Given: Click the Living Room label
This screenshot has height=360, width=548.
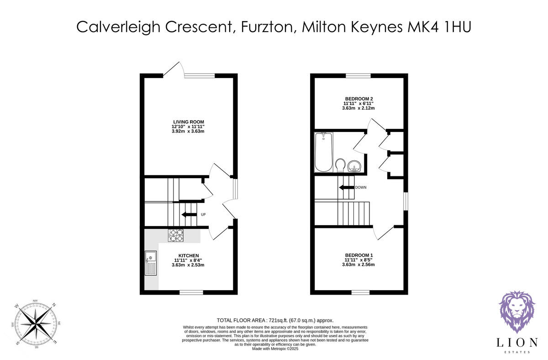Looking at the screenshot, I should (188, 122).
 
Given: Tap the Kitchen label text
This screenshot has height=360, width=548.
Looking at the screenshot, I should (188, 255).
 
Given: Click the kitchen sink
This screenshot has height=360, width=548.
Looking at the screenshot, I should (150, 264).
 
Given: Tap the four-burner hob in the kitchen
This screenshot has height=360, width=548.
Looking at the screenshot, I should (176, 235).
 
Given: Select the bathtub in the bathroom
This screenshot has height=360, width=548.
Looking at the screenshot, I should (324, 152).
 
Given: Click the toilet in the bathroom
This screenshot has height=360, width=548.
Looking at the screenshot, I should (340, 165).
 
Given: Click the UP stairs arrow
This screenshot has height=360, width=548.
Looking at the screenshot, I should (188, 214).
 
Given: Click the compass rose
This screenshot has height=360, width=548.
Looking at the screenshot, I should (35, 323).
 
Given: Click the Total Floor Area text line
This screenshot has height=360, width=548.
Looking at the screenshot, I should (274, 320).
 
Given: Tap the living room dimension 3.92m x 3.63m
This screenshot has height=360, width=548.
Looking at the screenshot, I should (188, 131).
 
